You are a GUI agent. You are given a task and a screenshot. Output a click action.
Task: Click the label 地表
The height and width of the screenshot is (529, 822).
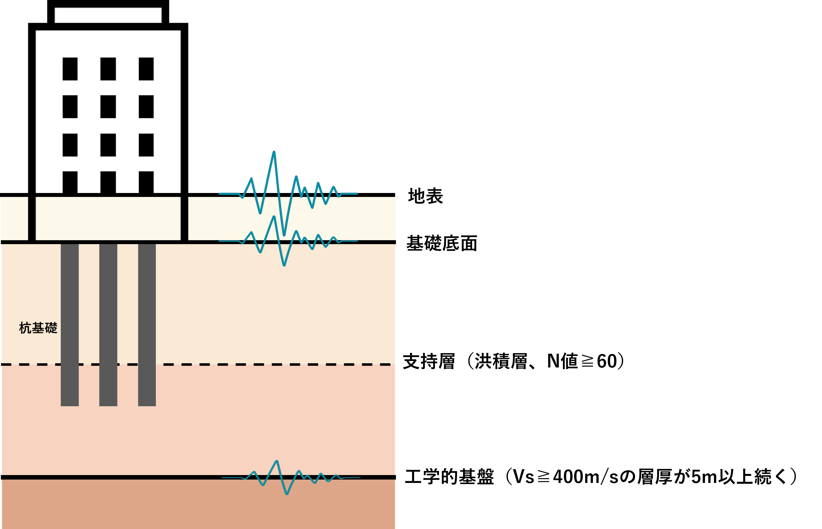click(425, 196)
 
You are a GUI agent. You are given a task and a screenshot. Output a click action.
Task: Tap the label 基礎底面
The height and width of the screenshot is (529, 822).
click(442, 244)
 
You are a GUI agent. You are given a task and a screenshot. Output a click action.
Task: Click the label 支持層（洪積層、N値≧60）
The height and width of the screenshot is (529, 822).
click(513, 361)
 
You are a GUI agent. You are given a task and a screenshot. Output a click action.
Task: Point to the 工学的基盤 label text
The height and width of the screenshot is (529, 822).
click(449, 476)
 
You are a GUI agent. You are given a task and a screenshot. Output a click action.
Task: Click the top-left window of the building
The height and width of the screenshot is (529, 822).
click(70, 69)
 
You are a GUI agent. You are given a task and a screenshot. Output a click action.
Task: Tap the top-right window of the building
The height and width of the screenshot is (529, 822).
click(146, 69)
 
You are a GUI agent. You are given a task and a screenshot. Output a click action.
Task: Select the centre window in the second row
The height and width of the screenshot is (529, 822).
click(108, 107)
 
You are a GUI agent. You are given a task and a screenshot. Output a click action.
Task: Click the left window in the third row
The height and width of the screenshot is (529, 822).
click(70, 145)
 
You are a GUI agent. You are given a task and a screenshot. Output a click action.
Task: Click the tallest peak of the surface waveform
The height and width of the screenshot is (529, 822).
click(274, 152)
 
